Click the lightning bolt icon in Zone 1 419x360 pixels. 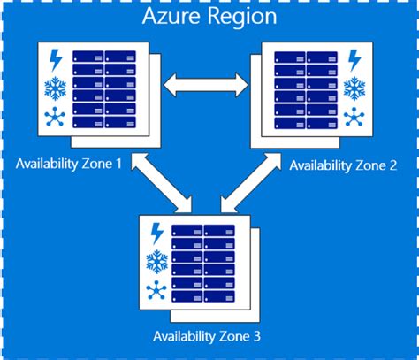(55, 61)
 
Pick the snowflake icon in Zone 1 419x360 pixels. (55, 88)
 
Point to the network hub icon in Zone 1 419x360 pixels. (55, 115)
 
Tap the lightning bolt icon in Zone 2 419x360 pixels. (354, 61)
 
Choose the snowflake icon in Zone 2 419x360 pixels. (354, 88)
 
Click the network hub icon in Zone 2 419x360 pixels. (354, 116)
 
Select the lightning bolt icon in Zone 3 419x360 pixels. (157, 233)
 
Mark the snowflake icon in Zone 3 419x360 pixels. (157, 260)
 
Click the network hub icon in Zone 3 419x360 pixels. (157, 287)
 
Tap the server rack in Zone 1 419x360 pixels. (105, 88)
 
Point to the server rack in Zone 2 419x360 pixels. (306, 88)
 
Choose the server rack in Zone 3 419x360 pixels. (205, 260)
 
